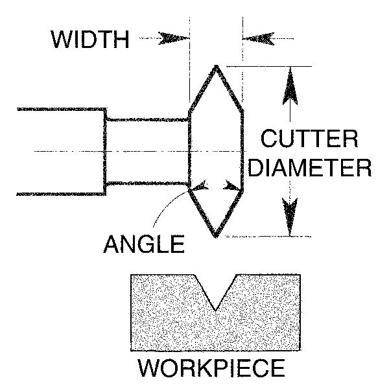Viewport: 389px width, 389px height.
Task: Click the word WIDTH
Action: (x=91, y=40)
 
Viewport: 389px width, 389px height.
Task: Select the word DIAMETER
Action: (x=311, y=168)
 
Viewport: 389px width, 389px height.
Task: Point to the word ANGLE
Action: (x=144, y=245)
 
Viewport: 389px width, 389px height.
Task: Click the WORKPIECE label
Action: (x=211, y=368)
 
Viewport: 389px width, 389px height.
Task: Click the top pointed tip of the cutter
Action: (x=215, y=66)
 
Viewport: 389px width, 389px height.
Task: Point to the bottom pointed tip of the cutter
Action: (x=216, y=237)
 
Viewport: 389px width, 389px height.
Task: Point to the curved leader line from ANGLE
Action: (x=167, y=207)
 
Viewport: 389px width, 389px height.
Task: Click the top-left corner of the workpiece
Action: (x=132, y=276)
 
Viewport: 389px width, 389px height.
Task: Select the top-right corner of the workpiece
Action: (x=300, y=276)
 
